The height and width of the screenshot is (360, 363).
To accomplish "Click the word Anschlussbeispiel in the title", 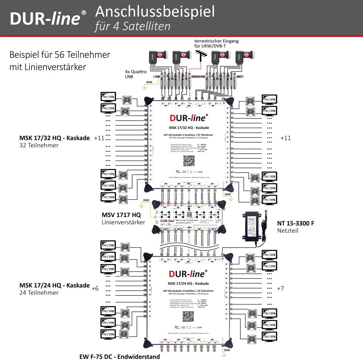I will [x=155, y=12].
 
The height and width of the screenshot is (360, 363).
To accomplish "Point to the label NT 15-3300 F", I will [x=295, y=223].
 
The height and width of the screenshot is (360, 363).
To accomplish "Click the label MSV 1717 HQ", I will [x=121, y=215].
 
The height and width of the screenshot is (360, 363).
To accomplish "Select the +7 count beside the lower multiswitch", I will [x=280, y=288].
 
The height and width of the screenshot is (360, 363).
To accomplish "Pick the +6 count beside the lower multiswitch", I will [x=95, y=289].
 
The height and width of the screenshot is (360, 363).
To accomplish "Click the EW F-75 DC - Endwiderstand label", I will [x=119, y=356].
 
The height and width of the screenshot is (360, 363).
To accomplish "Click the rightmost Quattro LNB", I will [x=242, y=57].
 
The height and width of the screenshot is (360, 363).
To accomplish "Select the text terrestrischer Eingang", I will [x=217, y=41].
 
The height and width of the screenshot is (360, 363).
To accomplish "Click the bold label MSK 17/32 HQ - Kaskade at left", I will [x=54, y=138].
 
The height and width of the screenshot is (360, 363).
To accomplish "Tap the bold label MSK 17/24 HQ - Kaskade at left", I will [x=54, y=285].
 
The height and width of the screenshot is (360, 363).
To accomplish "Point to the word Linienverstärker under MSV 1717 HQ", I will [x=123, y=222].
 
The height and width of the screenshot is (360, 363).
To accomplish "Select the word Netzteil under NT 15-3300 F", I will [x=288, y=231].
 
